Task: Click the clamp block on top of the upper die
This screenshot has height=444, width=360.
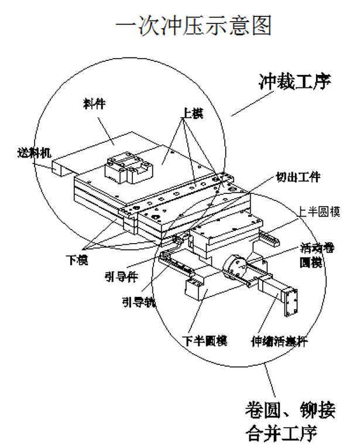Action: [x=128, y=166]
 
